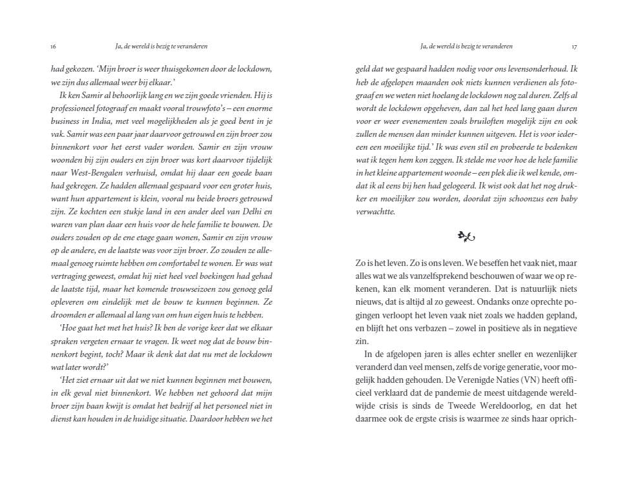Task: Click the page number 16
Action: coord(53,46)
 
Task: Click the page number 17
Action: coord(575,46)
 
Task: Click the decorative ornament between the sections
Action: coord(466,237)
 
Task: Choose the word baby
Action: coord(568,199)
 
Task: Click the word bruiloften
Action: coord(478,121)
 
